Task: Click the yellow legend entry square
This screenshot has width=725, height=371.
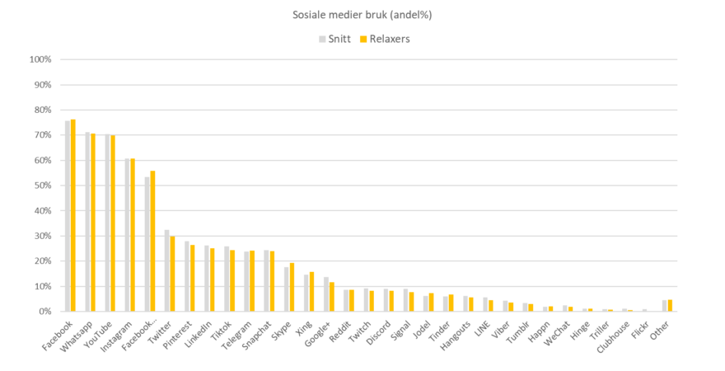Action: click(x=363, y=39)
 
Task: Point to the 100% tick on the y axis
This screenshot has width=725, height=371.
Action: click(x=40, y=59)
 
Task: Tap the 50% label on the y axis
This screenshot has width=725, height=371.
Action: click(x=40, y=185)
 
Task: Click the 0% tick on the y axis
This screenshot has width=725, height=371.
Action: click(x=44, y=312)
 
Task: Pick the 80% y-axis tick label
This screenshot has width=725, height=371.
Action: click(x=40, y=110)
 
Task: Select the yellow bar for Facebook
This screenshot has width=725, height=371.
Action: click(x=72, y=215)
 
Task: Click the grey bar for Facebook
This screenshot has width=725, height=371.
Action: click(x=67, y=216)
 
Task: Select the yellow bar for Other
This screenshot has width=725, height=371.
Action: click(x=670, y=306)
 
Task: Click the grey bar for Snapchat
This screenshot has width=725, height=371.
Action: click(x=266, y=281)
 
